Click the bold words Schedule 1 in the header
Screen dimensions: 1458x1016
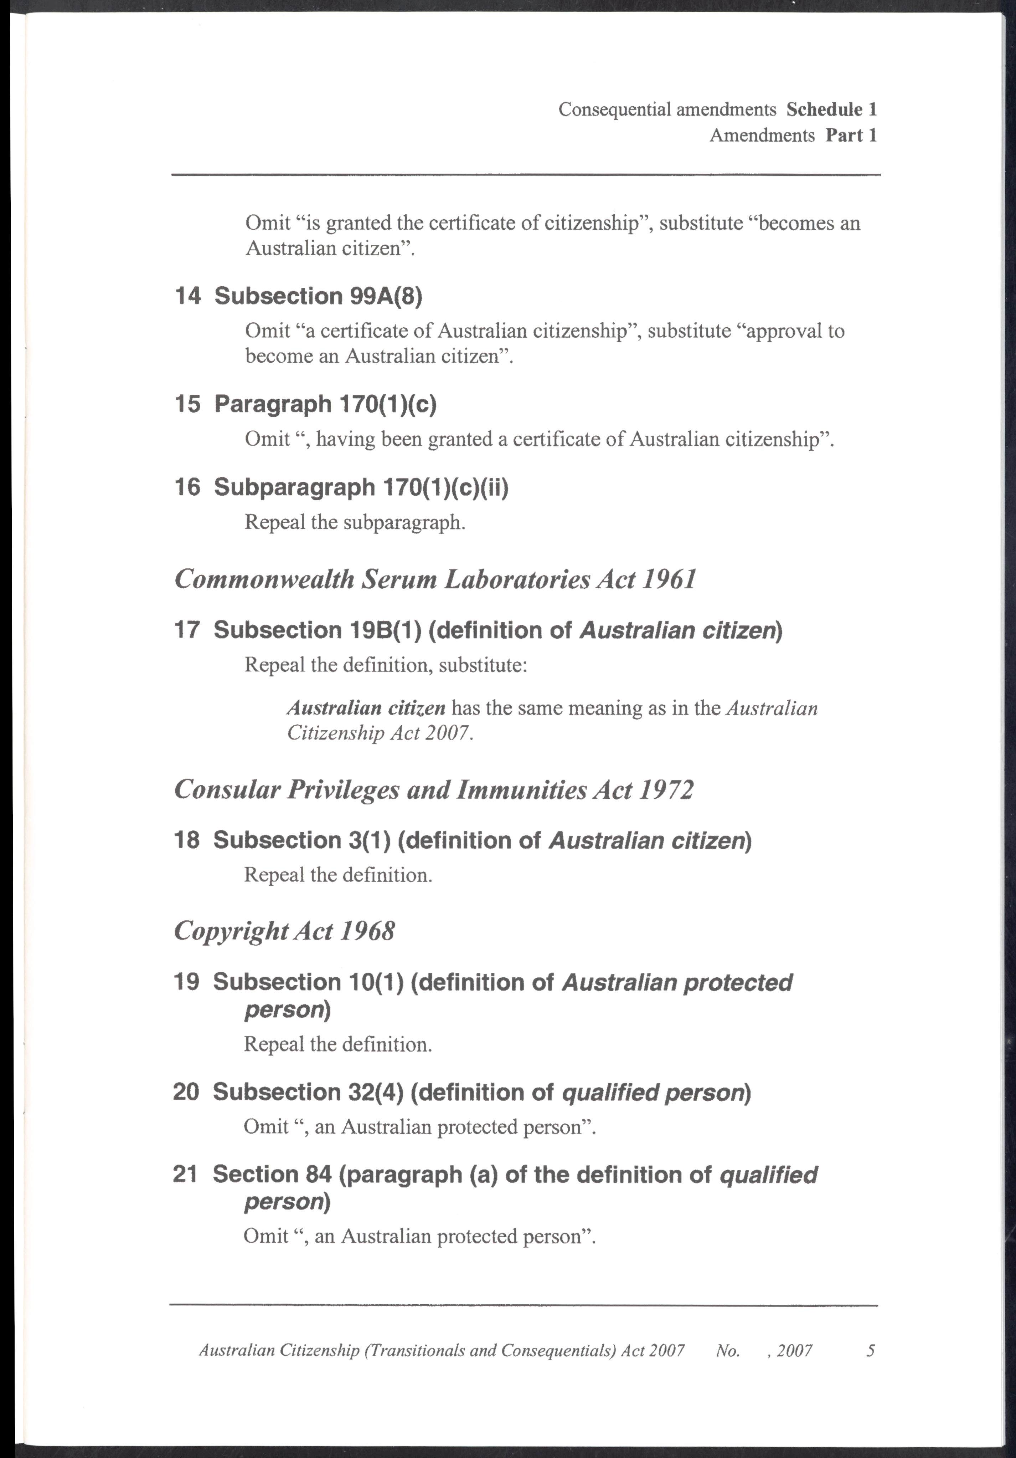(x=831, y=110)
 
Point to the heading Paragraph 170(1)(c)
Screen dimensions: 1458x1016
(x=326, y=404)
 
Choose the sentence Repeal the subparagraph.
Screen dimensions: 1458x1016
(x=355, y=523)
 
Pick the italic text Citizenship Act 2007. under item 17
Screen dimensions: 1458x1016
(x=380, y=733)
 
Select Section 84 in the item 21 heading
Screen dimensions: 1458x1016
(x=272, y=1174)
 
